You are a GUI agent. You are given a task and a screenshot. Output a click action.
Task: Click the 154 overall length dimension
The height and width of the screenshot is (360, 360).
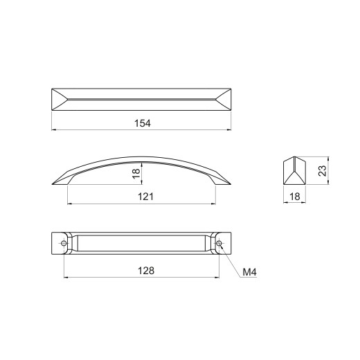[143, 123]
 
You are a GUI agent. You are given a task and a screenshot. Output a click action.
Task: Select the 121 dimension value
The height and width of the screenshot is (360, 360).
[145, 197]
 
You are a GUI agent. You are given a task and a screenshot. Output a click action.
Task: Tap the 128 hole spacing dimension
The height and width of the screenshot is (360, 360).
[146, 271]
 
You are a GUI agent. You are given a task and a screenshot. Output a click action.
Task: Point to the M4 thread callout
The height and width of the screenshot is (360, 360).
[249, 272]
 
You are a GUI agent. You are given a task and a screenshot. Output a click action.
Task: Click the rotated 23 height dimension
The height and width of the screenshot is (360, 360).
[323, 171]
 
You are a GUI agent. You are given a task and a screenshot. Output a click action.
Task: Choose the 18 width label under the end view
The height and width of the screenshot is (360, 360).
[295, 197]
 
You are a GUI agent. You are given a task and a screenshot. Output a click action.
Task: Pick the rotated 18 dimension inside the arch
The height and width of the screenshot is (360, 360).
[136, 173]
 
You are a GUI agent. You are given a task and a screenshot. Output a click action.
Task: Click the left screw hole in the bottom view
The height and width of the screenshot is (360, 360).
[64, 243]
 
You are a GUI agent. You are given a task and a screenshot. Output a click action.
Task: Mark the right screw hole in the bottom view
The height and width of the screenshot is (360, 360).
[219, 243]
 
